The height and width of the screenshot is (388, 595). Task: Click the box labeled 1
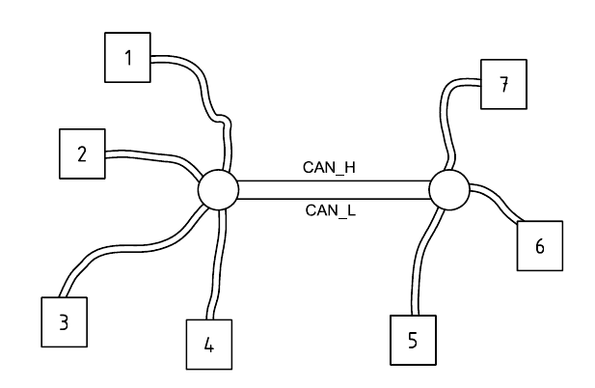[x=127, y=57]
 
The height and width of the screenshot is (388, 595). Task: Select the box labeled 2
[x=82, y=153]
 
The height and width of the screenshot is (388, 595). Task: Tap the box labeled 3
[x=64, y=321]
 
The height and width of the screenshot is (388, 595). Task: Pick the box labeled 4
[x=209, y=344]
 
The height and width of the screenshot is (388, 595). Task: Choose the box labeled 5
[x=414, y=341]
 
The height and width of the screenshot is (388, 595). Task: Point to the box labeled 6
[x=539, y=246]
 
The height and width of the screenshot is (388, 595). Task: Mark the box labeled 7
[x=502, y=85]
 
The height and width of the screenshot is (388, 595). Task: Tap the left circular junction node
[x=218, y=189]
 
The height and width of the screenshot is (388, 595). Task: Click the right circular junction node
[x=448, y=189]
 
